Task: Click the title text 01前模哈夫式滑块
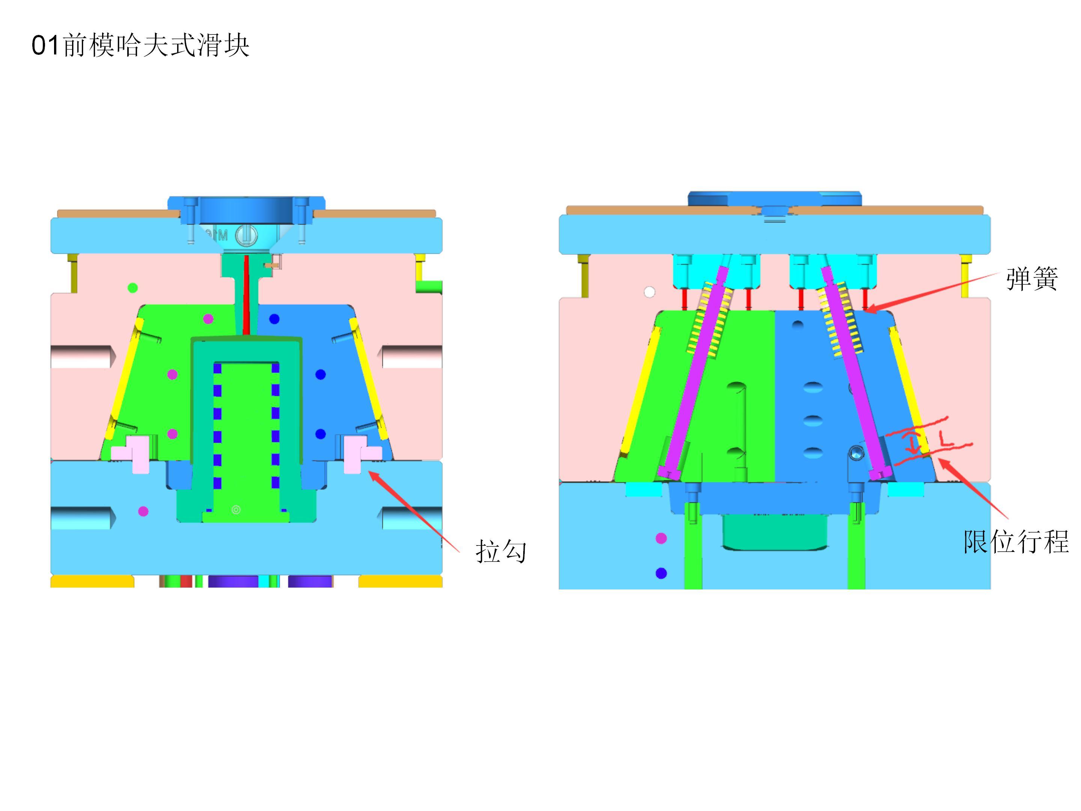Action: point(141,45)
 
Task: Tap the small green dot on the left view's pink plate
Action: point(132,288)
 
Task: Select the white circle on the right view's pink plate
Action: point(649,292)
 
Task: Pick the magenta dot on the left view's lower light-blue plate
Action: point(143,511)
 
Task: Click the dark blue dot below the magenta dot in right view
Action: point(661,573)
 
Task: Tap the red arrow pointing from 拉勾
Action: point(413,511)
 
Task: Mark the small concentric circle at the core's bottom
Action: point(236,510)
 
